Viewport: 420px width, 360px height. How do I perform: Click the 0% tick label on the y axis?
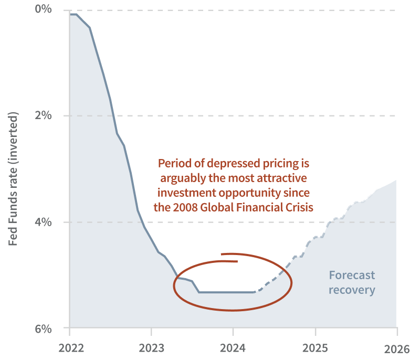(44, 9)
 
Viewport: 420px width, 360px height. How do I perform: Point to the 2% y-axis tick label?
(44, 115)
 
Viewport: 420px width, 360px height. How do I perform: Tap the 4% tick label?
(44, 221)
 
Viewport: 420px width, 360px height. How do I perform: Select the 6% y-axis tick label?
(44, 329)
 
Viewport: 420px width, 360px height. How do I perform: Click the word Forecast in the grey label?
(352, 275)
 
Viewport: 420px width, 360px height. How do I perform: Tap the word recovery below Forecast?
(352, 289)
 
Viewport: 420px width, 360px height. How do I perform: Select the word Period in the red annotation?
(174, 163)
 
